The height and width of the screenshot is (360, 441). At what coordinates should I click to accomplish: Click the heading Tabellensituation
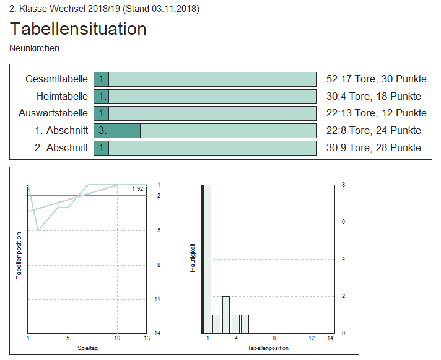(x=78, y=29)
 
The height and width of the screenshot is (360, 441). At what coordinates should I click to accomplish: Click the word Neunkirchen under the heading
(x=35, y=48)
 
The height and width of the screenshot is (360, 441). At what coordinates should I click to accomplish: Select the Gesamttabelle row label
(x=56, y=79)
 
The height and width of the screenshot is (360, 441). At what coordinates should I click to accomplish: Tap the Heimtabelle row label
(x=62, y=97)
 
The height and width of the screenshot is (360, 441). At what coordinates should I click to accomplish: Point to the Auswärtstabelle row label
(x=53, y=113)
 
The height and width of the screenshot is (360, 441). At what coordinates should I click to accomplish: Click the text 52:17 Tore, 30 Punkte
(x=376, y=79)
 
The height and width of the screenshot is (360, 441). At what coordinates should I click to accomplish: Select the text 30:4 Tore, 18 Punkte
(x=373, y=97)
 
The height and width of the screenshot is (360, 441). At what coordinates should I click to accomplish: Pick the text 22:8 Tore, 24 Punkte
(x=373, y=131)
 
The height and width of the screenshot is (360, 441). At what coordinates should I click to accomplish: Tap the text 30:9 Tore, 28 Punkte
(x=373, y=147)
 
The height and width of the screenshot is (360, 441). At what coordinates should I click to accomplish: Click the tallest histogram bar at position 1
(x=207, y=258)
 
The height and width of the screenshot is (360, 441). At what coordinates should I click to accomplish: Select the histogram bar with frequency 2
(x=226, y=314)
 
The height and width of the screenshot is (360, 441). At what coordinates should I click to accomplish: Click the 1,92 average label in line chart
(x=138, y=188)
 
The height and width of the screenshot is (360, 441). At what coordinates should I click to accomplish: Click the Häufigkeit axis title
(x=192, y=258)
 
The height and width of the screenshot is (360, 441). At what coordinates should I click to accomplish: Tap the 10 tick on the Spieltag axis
(x=117, y=338)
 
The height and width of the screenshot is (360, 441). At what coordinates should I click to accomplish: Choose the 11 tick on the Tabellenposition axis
(x=158, y=299)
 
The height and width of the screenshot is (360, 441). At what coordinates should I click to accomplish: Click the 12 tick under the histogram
(x=312, y=338)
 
